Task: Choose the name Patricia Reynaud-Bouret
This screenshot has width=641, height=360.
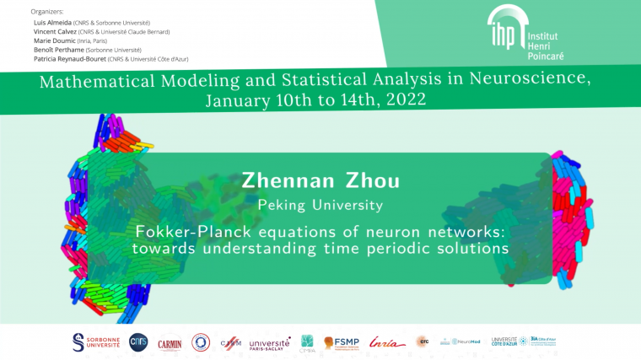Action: (66, 59)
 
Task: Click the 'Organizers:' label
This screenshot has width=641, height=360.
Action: (46, 12)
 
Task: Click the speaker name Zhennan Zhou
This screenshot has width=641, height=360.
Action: (320, 180)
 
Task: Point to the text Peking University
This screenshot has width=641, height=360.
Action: (320, 205)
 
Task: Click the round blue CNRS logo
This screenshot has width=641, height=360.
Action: (137, 341)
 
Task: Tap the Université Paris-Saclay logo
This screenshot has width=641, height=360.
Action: (270, 342)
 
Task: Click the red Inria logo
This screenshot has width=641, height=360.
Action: (387, 341)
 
